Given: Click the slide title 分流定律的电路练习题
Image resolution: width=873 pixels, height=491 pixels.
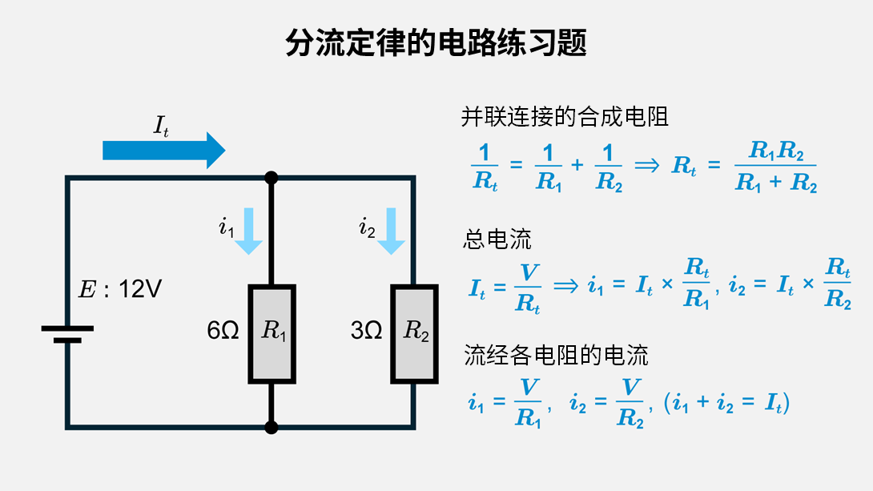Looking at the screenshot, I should (436, 42).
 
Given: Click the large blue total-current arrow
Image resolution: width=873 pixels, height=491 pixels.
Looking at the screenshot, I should (164, 151).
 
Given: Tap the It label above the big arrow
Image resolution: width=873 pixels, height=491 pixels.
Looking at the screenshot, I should (161, 125).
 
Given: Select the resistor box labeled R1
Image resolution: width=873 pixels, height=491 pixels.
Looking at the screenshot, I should (272, 332).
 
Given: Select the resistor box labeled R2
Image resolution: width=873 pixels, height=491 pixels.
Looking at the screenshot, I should (414, 332).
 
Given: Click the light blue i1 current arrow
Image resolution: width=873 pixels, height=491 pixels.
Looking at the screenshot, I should (248, 231).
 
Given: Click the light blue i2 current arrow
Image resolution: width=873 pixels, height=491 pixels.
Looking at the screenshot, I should (391, 231).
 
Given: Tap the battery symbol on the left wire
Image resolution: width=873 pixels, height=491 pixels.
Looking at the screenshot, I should (67, 333).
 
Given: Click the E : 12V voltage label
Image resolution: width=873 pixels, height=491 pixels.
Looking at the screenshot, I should (120, 289).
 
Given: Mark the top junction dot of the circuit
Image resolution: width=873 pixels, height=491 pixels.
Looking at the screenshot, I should (272, 178).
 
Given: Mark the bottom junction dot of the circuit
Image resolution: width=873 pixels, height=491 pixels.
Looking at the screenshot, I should (272, 427).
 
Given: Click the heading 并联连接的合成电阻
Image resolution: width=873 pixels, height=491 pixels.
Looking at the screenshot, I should (565, 118).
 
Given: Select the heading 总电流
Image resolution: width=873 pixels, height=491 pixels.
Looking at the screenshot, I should (497, 239).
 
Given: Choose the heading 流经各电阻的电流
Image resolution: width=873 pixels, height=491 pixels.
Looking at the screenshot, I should (556, 354).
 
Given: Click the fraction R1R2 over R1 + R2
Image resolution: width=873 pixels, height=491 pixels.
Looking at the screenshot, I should (775, 167).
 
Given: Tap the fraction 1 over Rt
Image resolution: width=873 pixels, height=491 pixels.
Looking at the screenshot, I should (485, 167).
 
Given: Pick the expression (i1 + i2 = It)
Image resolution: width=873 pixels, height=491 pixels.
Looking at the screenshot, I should (726, 404).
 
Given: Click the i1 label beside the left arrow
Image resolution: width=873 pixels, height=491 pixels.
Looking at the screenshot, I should (227, 228).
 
